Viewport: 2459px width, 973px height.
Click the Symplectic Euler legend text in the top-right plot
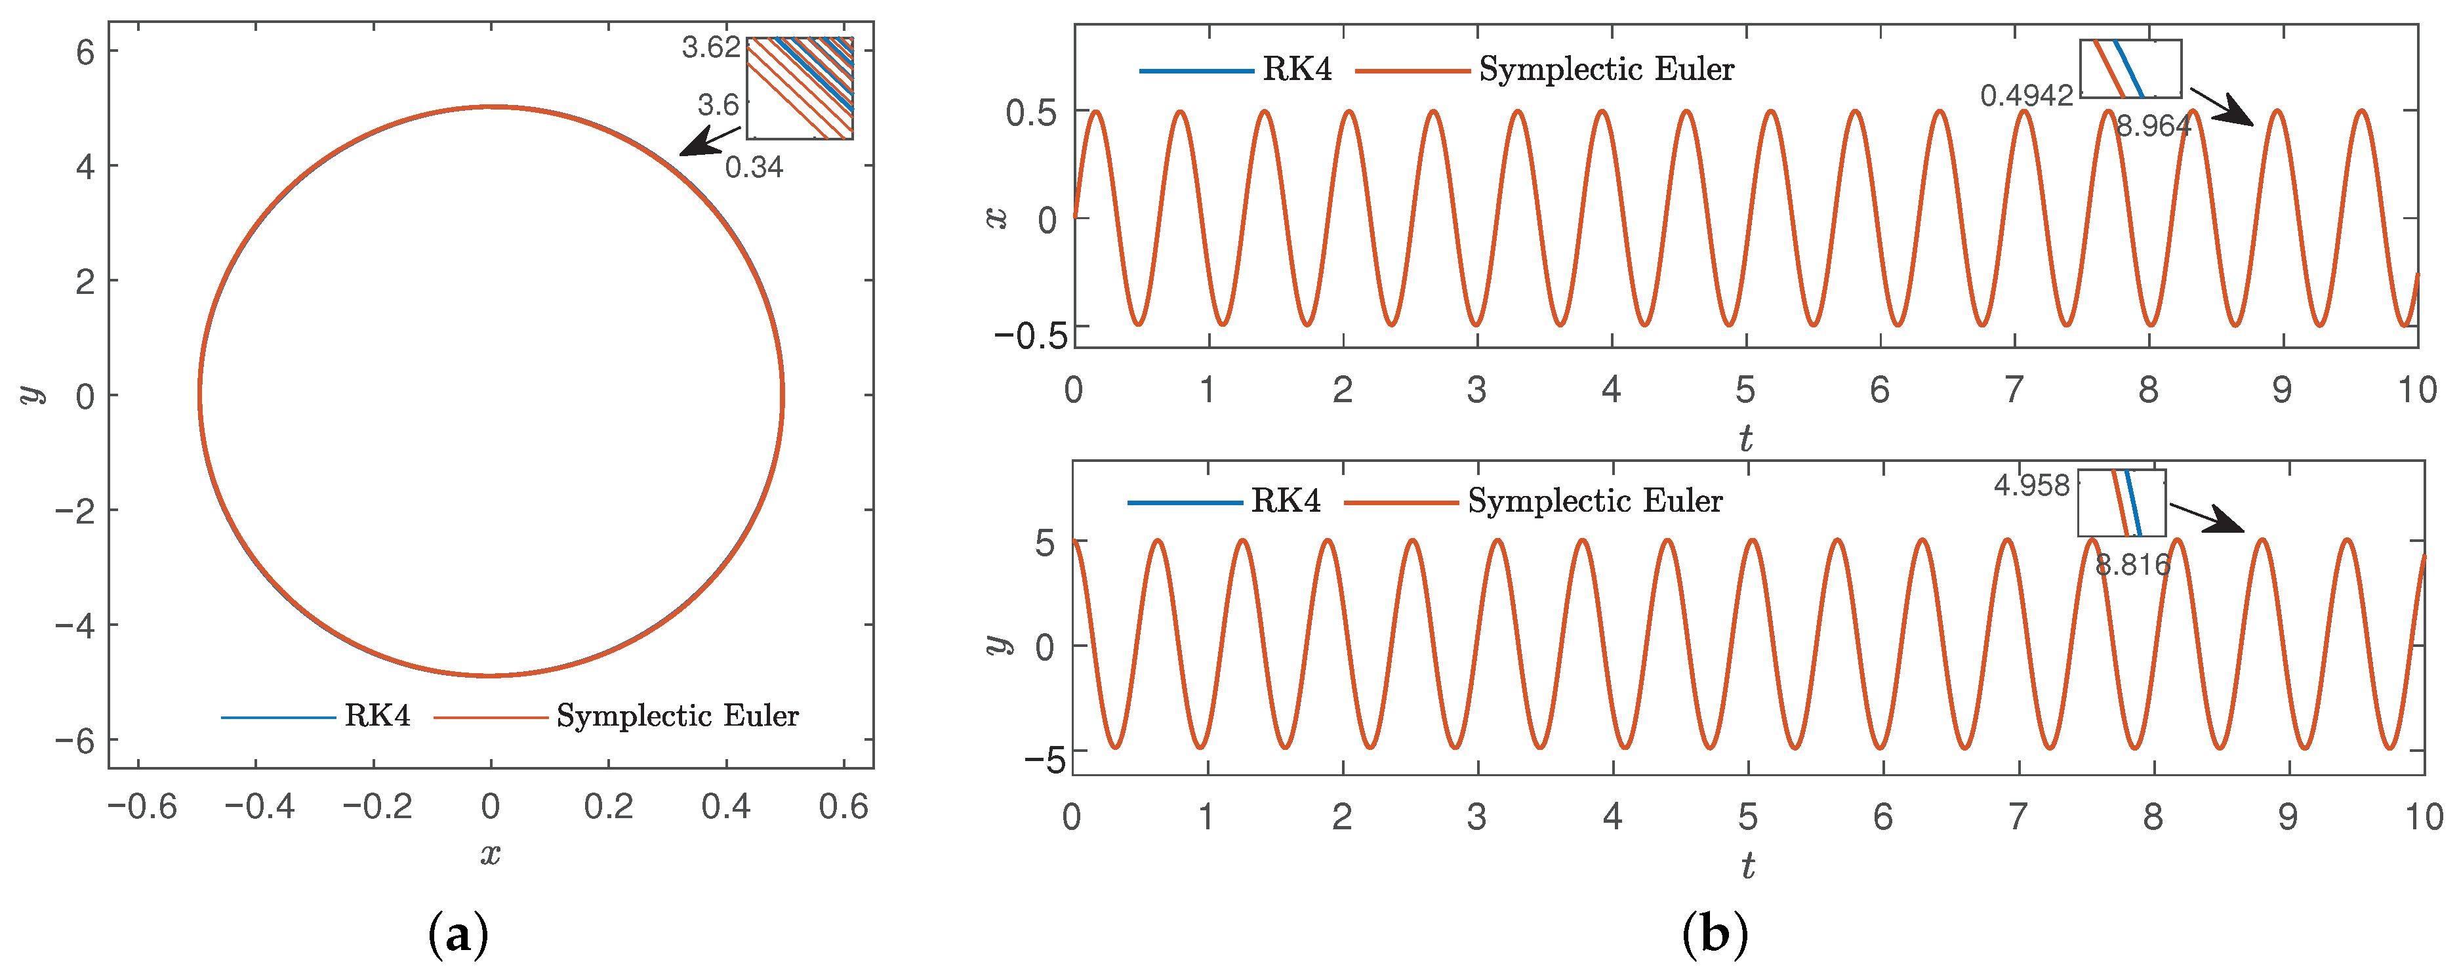coord(1606,69)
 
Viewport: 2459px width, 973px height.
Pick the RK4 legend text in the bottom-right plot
coord(1286,501)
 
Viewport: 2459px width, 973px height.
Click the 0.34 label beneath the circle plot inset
coord(754,167)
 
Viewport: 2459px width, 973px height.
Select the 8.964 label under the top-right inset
coord(2153,126)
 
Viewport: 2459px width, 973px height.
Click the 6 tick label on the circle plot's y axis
coord(86,52)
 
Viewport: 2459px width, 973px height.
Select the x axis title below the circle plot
coord(491,854)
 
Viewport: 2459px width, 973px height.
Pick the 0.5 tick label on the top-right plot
coord(1031,113)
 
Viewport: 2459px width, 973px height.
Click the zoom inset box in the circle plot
coord(800,88)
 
